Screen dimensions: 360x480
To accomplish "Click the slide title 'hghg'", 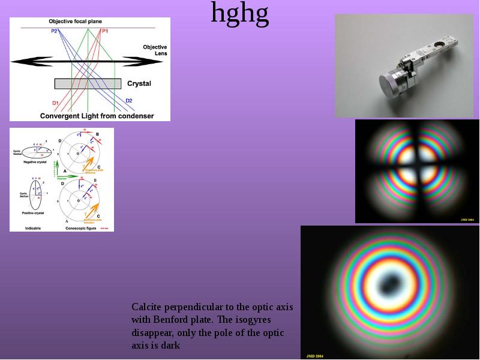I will (239, 14).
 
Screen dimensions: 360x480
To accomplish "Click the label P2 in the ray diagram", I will (55, 31).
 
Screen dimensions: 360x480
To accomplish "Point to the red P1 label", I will (105, 31).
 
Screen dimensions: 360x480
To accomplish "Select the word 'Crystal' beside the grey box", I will (139, 83).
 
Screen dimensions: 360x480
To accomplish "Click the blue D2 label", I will (129, 100).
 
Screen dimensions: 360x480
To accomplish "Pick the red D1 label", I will (55, 103).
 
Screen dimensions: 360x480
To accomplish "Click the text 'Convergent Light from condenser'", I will (97, 116).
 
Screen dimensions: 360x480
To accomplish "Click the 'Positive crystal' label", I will (32, 213).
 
